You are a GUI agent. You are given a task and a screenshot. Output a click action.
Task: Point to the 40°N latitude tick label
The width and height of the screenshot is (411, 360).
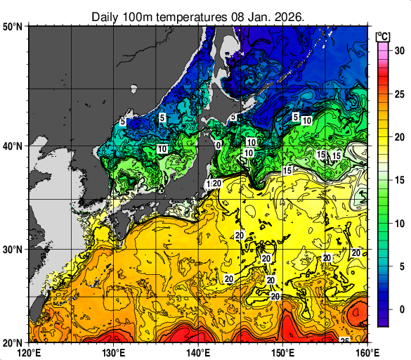coord(13,146)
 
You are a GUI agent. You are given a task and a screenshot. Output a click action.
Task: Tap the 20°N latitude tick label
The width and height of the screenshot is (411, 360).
coord(13,342)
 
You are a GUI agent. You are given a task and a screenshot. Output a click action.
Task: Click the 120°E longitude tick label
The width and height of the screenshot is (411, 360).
coord(29,352)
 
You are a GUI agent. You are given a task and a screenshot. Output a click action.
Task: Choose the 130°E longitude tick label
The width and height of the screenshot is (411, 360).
coord(114,352)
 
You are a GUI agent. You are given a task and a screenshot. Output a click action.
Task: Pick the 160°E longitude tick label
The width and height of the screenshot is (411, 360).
coord(367,352)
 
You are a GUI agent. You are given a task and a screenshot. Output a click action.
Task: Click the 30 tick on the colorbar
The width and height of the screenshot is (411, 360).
coord(398,51)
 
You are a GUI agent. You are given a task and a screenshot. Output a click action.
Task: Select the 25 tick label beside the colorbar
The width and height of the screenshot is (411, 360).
coord(398,94)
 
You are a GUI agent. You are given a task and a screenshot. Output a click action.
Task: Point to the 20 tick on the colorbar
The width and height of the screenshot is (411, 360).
coord(398,137)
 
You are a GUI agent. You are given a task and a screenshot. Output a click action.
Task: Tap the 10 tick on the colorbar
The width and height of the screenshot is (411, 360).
coord(398,224)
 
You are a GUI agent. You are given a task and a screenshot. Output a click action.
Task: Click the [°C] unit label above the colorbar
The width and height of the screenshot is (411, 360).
coord(383,35)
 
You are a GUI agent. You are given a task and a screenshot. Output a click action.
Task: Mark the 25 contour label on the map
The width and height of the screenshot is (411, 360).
coord(344,341)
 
